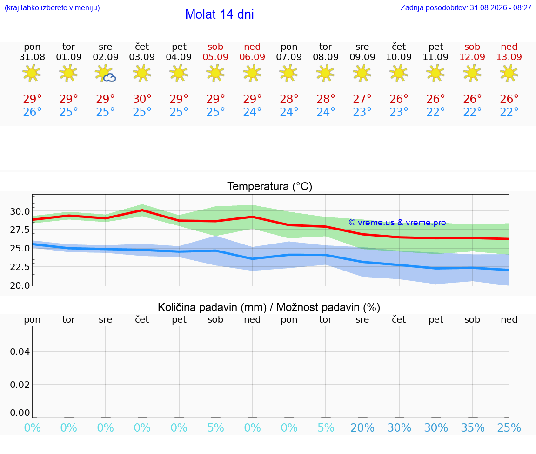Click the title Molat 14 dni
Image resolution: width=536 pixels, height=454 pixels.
pos(220,14)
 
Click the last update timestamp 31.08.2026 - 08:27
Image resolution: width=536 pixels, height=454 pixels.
pos(501,7)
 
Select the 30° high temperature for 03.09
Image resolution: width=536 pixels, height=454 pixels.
pos(142,99)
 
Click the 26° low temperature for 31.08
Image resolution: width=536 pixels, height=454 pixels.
pos(32,112)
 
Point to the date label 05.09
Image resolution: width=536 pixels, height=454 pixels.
pos(215,57)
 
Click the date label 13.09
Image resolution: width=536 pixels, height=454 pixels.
pos(509,57)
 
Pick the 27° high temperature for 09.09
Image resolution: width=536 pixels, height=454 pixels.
pos(362,99)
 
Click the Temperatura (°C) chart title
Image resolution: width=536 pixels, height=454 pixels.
pos(270,186)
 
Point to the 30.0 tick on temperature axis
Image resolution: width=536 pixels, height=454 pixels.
pos(20,211)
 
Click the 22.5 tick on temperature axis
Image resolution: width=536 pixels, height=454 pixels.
pos(20,267)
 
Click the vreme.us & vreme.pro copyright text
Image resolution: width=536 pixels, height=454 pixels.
pos(397,223)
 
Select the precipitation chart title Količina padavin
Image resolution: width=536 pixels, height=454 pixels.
pos(212,307)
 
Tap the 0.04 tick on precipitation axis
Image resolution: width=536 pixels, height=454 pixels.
pos(20,352)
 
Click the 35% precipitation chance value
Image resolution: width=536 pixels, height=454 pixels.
pos(473,427)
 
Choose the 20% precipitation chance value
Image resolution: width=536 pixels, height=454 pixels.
pos(362,427)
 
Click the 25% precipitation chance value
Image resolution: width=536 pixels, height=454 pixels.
pos(509,427)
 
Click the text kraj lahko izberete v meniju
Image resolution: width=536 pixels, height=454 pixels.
pos(52,7)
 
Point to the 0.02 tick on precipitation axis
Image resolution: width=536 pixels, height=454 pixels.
pos(20,385)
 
